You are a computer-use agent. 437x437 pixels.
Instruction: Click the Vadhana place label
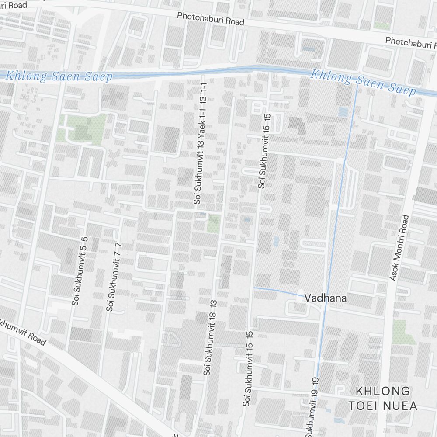[326, 298]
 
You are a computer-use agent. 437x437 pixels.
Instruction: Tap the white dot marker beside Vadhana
[300, 292]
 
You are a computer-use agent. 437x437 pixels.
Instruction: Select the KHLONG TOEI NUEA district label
[383, 398]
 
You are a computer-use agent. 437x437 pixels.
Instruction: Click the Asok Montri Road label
[399, 247]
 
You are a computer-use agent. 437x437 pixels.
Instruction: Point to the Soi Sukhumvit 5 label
[80, 271]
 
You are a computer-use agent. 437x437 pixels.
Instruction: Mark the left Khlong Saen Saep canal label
[59, 76]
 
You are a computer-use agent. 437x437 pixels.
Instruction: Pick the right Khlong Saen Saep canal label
[363, 82]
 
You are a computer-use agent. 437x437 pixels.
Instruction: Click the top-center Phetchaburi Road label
[210, 18]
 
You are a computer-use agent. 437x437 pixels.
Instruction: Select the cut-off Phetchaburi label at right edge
[411, 42]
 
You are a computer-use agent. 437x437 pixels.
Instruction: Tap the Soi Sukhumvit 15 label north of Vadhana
[265, 151]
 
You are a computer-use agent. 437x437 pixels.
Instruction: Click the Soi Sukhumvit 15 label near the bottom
[248, 368]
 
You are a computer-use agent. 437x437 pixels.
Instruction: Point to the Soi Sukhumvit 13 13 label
[210, 337]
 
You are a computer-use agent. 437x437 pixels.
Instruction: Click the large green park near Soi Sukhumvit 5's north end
[81, 129]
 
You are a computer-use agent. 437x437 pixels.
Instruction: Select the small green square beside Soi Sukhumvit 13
[213, 223]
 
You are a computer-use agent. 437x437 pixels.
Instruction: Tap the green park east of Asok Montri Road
[403, 332]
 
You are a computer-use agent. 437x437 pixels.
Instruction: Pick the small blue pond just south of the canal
[343, 111]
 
